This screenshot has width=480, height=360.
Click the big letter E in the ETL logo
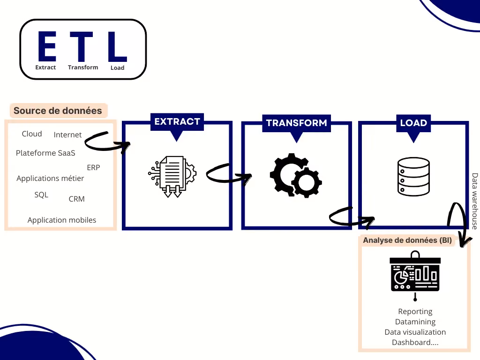[x=47, y=46]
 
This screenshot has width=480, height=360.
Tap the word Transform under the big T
[x=83, y=67]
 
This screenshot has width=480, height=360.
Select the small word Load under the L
[x=118, y=67]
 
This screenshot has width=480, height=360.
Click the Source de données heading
[x=58, y=111]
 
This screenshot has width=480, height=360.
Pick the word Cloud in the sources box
[x=32, y=134]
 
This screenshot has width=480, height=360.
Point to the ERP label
[x=93, y=167]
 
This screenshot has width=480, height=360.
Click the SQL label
[x=41, y=195]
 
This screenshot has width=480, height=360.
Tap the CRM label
[x=76, y=199]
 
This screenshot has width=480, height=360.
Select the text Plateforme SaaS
[x=45, y=153]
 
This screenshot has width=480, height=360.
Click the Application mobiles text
[x=62, y=220]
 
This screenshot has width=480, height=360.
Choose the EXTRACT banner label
[x=177, y=121]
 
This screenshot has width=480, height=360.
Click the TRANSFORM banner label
[x=297, y=123]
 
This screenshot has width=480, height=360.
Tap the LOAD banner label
[x=413, y=123]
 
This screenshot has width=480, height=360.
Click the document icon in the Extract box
[x=172, y=176]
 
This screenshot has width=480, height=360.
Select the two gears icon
[x=296, y=175]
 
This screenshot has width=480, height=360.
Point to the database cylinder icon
[x=413, y=176]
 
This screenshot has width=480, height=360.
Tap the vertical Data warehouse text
[x=474, y=201]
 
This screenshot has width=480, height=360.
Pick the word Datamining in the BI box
[x=415, y=322]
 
